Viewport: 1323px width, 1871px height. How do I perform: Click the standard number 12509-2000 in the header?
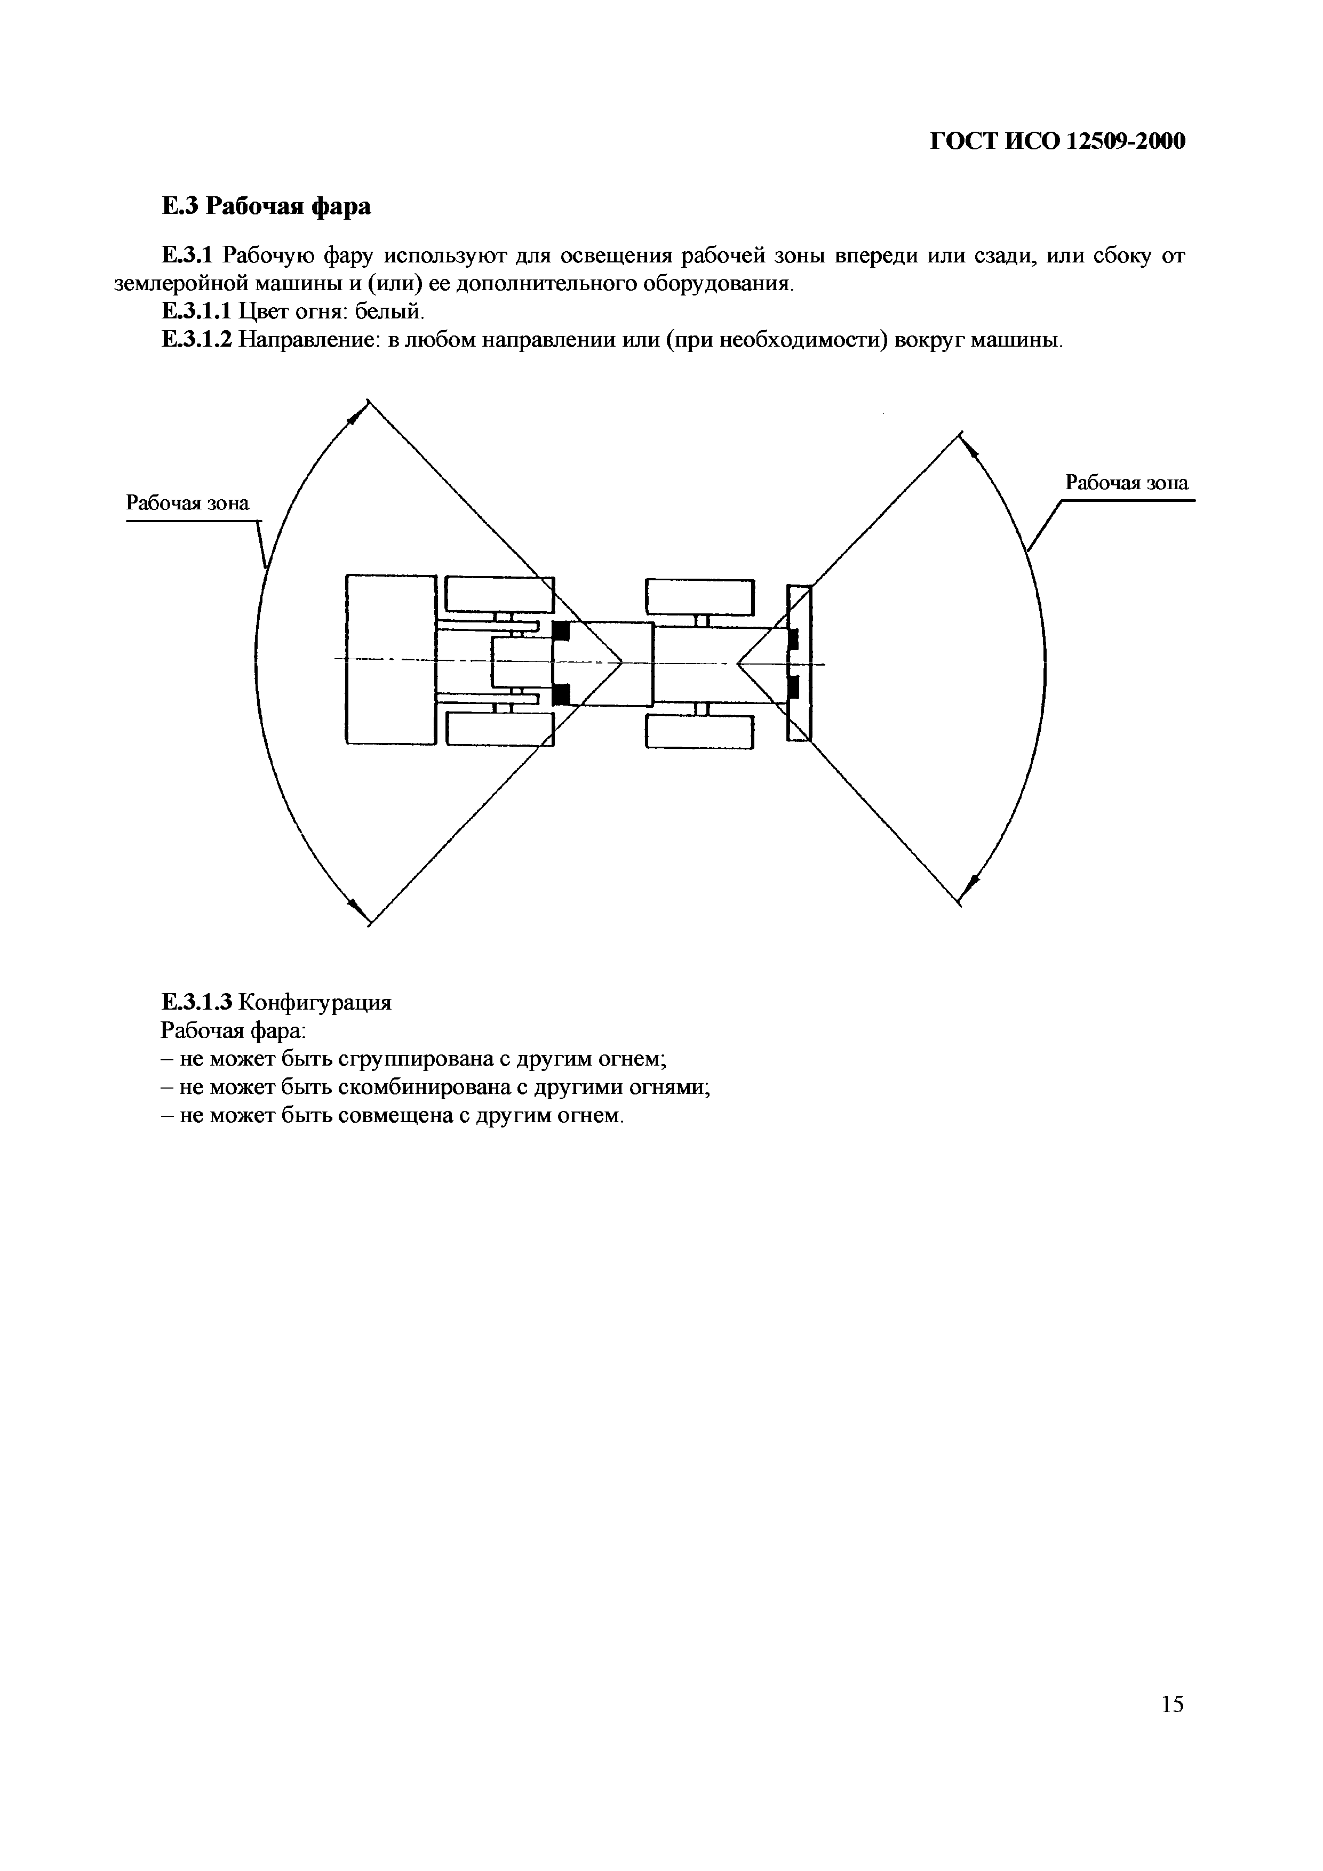tap(1126, 142)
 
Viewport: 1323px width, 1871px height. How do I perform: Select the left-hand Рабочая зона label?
tap(187, 503)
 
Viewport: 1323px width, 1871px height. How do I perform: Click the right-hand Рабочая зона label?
tap(1127, 483)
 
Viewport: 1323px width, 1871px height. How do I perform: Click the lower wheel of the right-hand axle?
tap(699, 731)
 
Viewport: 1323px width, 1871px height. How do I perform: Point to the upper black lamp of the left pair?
tap(561, 630)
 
